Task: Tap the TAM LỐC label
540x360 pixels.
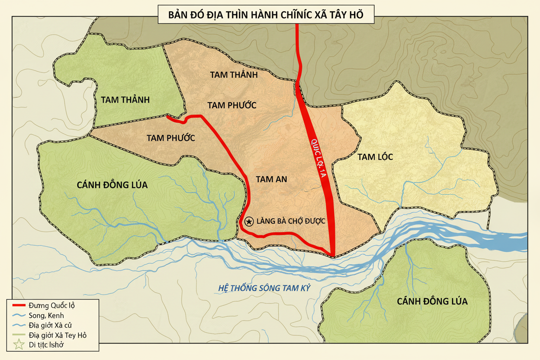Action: [x=375, y=157]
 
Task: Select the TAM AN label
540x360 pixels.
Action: [x=271, y=179]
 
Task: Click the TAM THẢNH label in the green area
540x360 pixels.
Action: [x=125, y=100]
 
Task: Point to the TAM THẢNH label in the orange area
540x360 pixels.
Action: [x=234, y=74]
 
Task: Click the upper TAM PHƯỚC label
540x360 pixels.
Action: [x=232, y=105]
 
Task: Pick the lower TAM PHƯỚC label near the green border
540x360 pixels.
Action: [x=170, y=138]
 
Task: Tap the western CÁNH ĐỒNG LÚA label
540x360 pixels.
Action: [x=112, y=185]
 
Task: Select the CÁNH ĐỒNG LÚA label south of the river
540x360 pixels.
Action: [x=432, y=301]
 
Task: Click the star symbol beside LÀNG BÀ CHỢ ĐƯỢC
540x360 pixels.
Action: [x=249, y=222]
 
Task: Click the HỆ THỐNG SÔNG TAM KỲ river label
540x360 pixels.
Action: [x=264, y=288]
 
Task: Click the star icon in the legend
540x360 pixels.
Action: [x=18, y=345]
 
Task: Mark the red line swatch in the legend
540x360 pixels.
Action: [x=18, y=305]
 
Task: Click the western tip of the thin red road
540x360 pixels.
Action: [x=168, y=116]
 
